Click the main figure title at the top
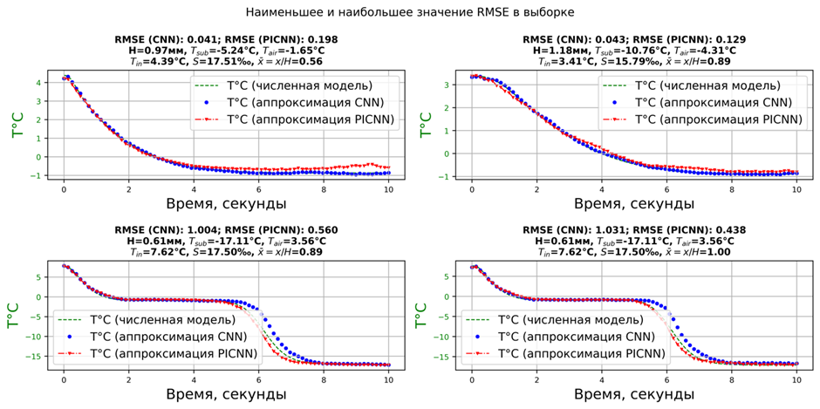point(409,12)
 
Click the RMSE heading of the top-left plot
point(227,39)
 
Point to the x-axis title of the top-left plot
point(226,203)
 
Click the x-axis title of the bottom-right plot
point(634,393)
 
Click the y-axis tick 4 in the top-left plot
point(38,83)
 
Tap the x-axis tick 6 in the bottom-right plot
point(666,377)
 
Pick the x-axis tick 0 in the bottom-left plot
point(64,377)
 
